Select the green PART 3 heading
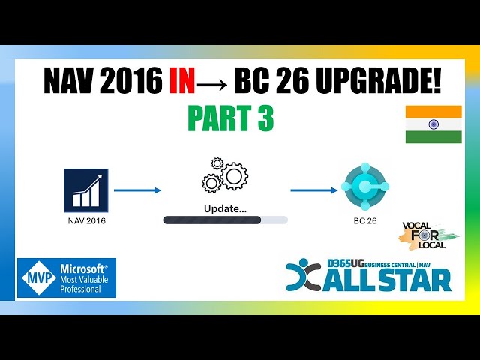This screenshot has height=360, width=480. coord(229,119)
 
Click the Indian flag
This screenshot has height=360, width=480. coord(433,124)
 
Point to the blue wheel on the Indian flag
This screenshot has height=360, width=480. coord(433,124)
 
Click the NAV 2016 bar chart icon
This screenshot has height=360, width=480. coord(86,190)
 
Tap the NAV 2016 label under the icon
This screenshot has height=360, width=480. coord(86,221)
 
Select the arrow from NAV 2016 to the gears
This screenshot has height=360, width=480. coord(137,190)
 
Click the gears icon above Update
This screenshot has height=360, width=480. coord(224,175)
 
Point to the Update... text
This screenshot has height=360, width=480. coord(225,208)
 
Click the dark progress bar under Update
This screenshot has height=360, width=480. coord(212,220)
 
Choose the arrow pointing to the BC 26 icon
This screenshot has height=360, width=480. coord(313,190)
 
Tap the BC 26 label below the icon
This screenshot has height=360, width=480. coord(364,222)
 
